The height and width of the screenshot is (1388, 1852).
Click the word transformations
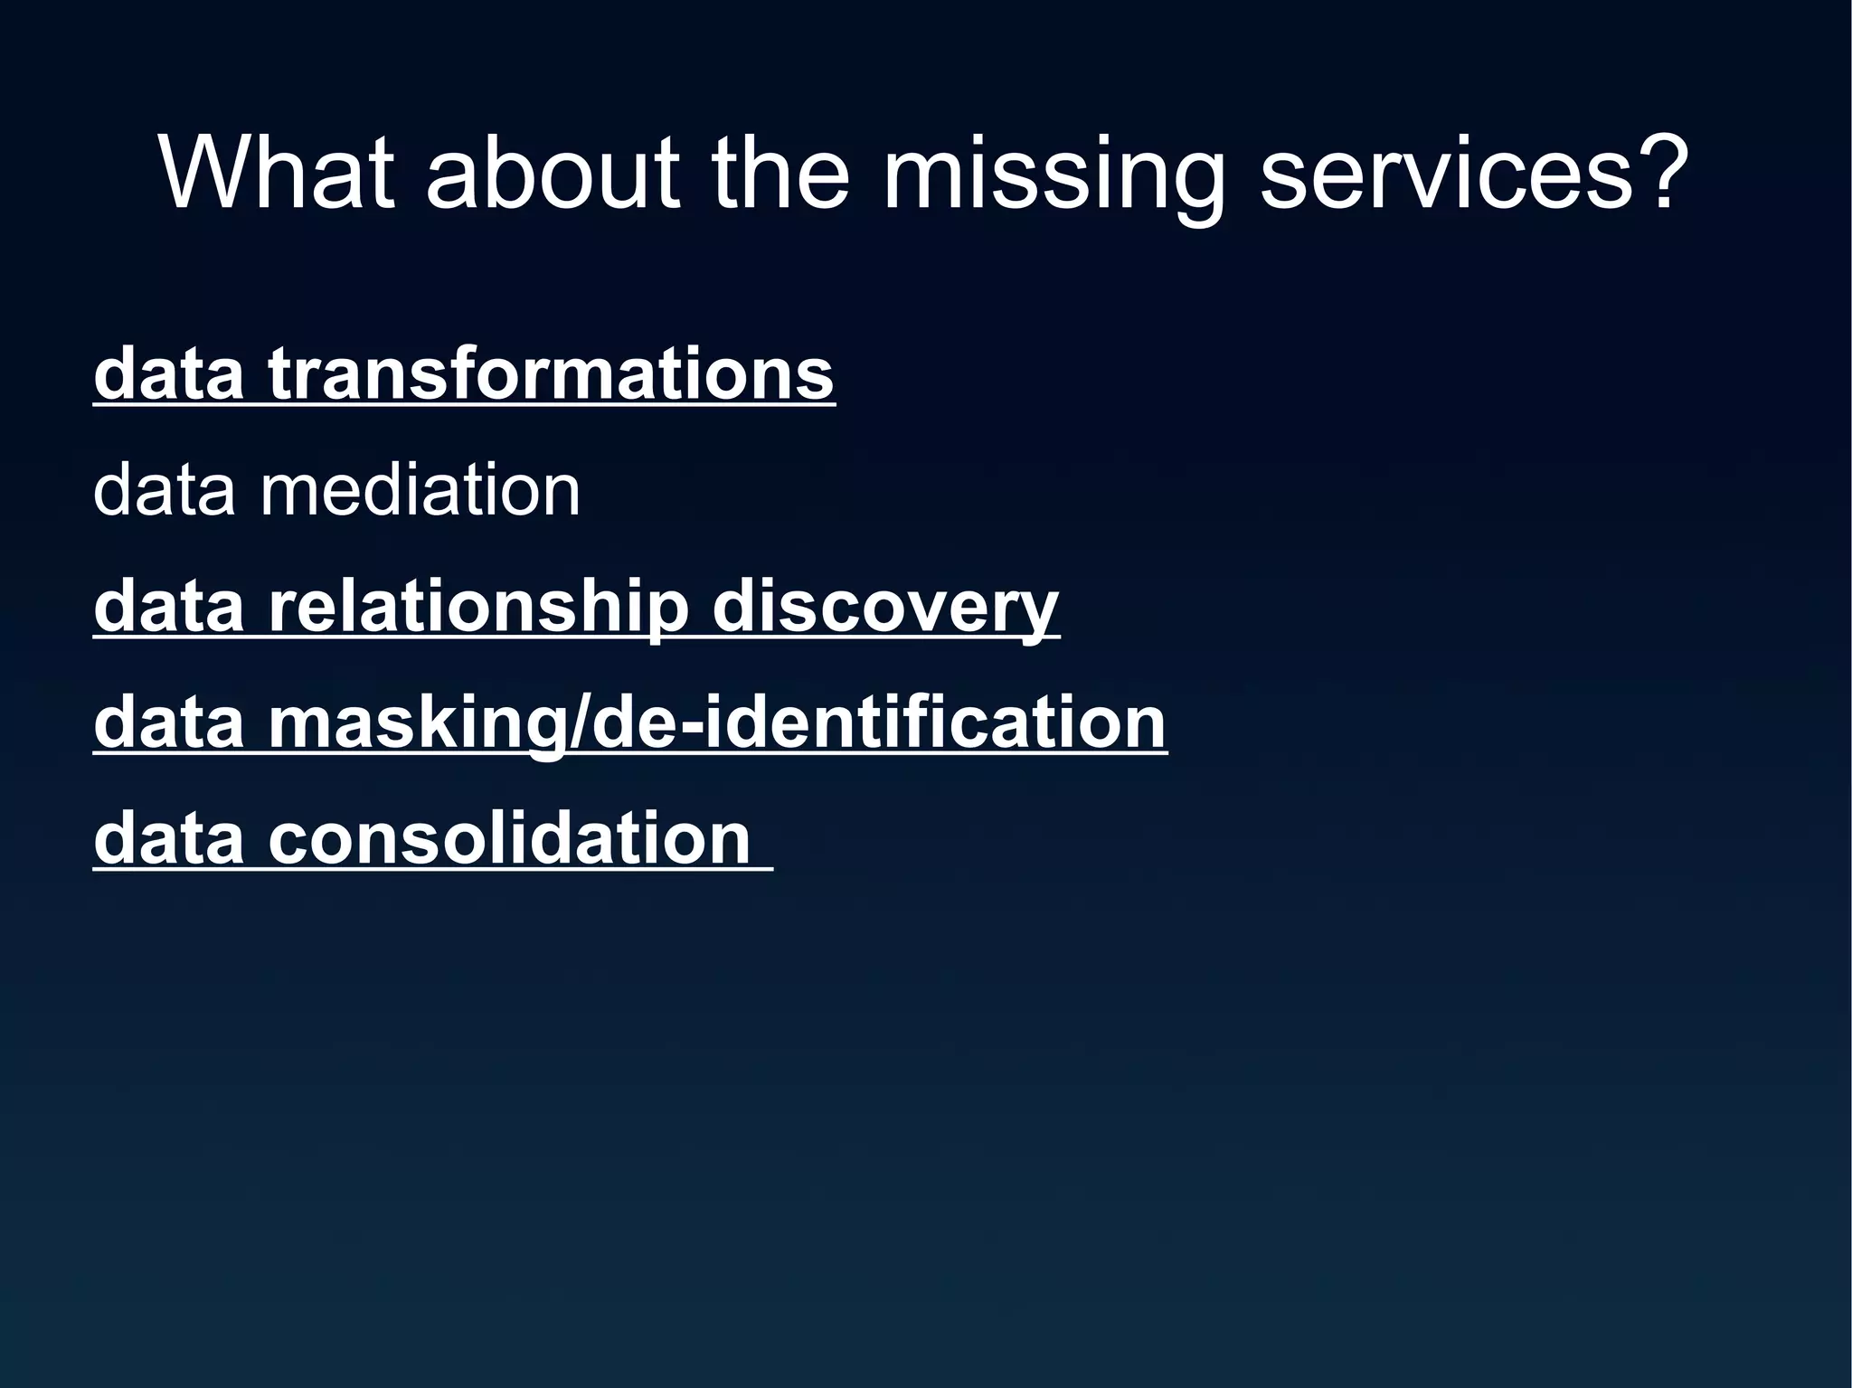551,373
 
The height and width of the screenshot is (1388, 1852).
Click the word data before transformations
169,373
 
